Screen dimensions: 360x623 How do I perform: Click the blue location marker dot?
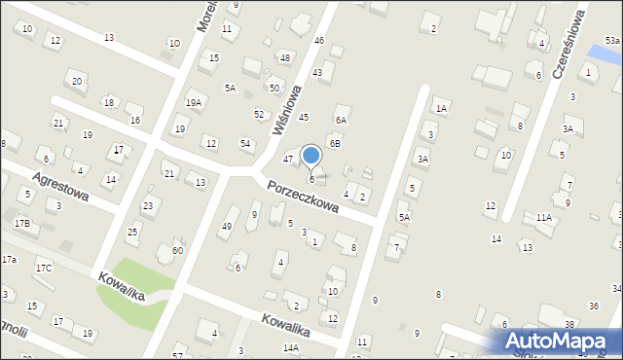[311, 155]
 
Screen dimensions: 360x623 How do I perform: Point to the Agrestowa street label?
[60, 186]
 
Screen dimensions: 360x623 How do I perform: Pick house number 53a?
[612, 40]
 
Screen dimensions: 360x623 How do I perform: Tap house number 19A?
[195, 102]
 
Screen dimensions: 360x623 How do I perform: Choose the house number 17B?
[21, 224]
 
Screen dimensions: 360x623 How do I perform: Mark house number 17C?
[44, 268]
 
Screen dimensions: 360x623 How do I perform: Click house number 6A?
[341, 120]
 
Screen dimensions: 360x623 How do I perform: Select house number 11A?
[543, 218]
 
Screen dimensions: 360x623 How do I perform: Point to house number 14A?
[291, 347]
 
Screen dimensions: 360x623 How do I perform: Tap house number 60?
[177, 250]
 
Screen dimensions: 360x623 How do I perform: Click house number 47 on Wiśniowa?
[288, 158]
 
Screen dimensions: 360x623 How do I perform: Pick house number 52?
[258, 114]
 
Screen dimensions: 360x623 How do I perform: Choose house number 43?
[317, 73]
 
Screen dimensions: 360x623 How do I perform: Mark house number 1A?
[441, 109]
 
